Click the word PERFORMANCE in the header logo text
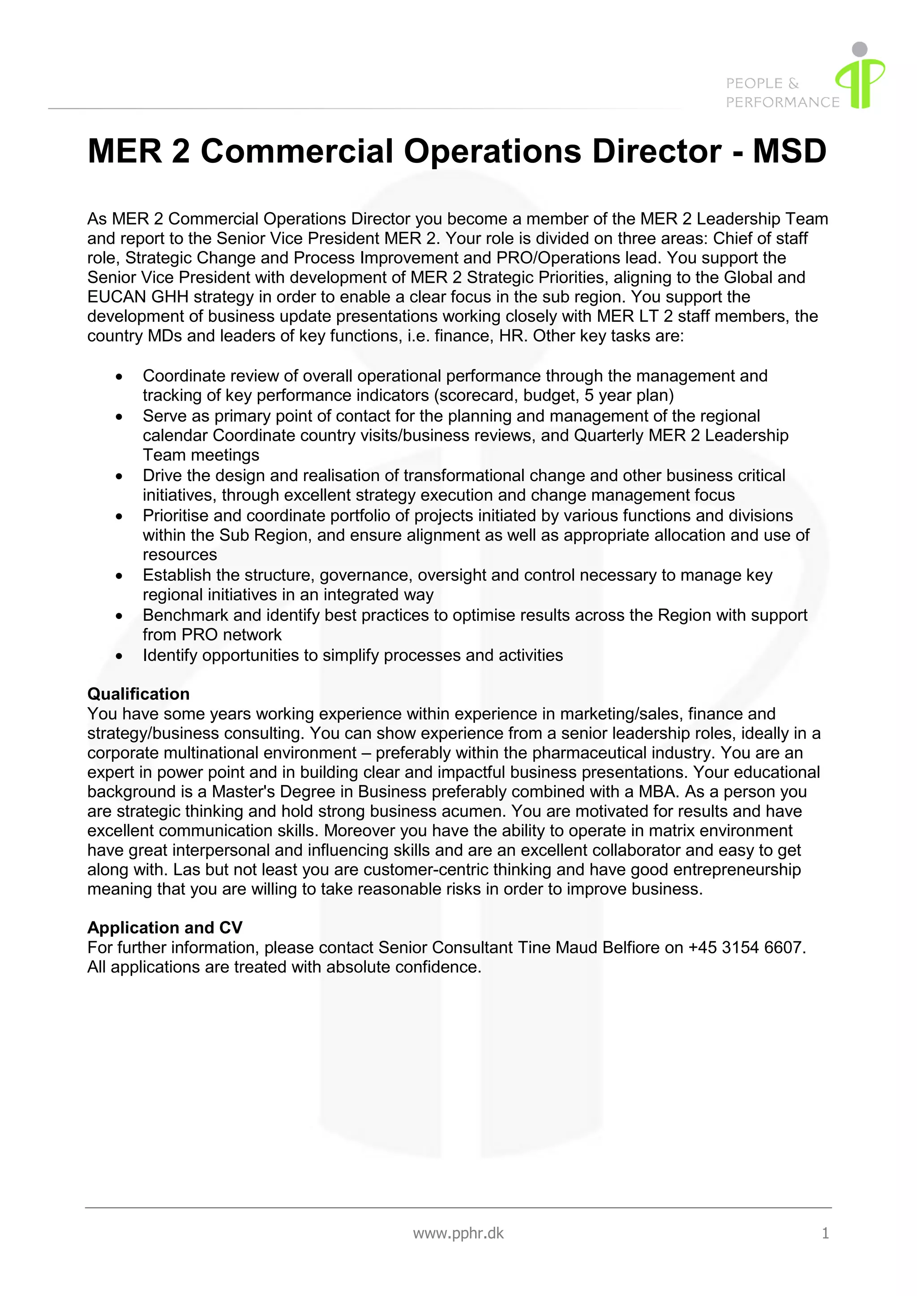click(x=782, y=102)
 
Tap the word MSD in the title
click(x=789, y=151)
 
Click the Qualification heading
click(x=138, y=694)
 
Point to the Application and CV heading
click(x=165, y=927)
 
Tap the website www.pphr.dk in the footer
click(x=458, y=1233)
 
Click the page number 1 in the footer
click(x=825, y=1233)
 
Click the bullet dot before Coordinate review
click(x=119, y=376)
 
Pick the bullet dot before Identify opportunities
click(x=119, y=656)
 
